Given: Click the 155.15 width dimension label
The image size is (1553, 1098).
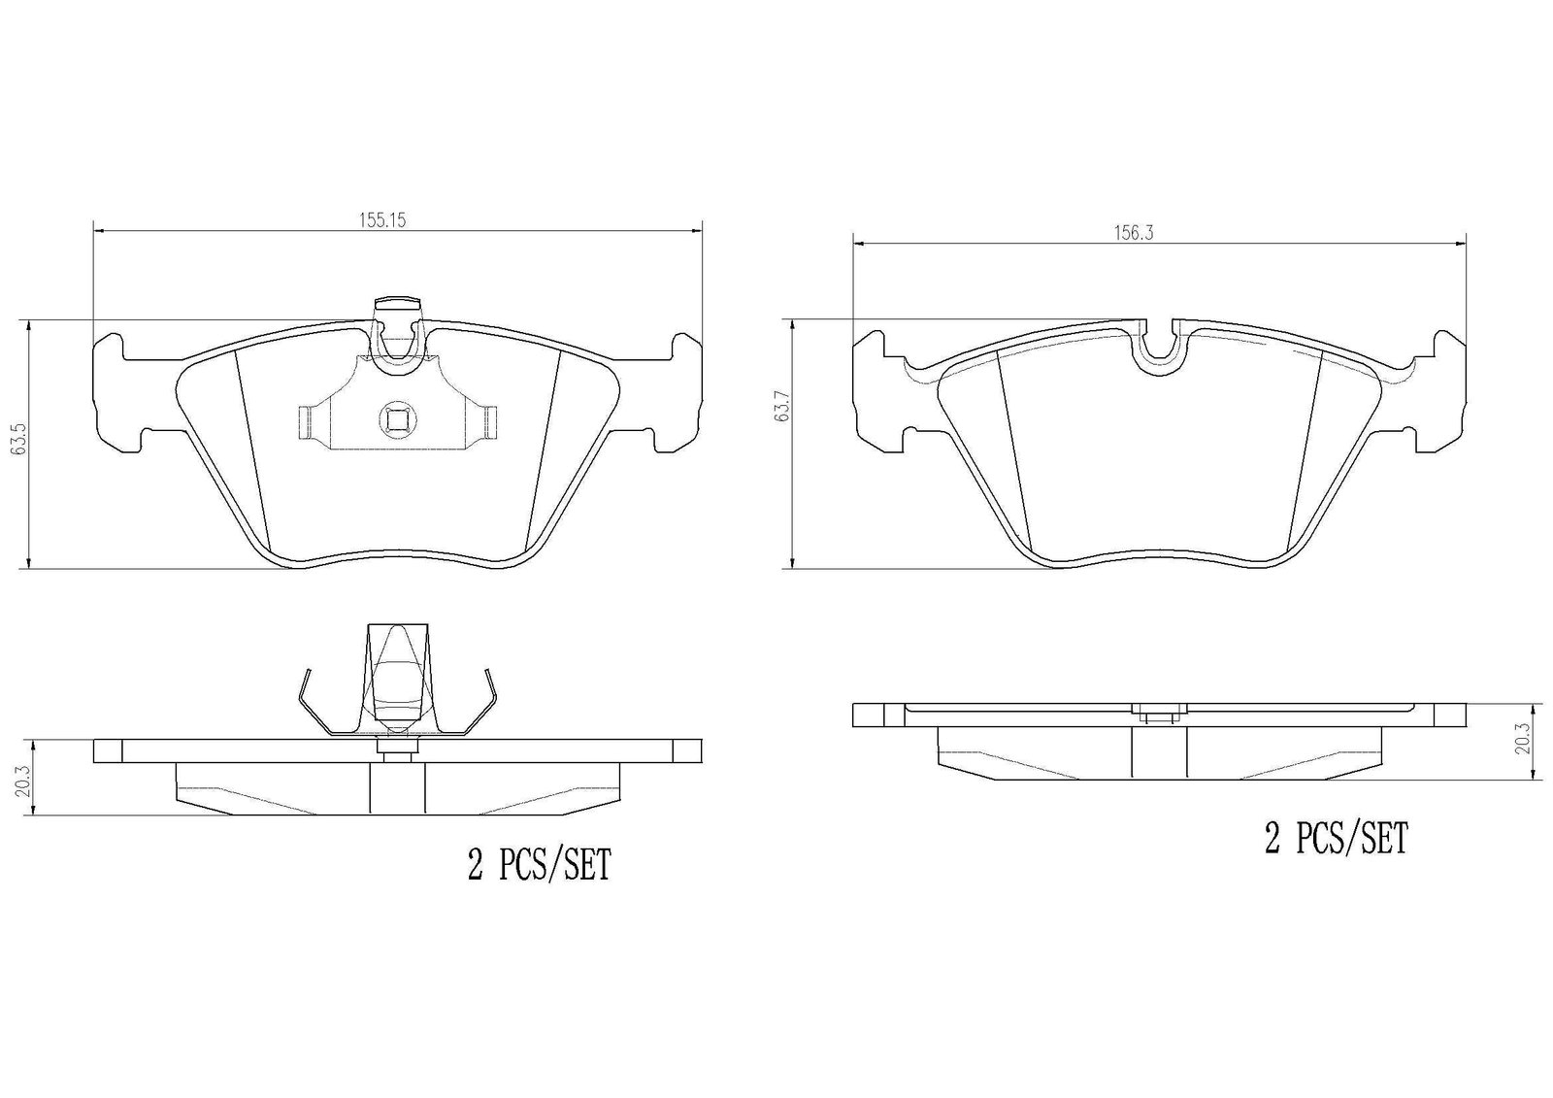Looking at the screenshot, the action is point(381,220).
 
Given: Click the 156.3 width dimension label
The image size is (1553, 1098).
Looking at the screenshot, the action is point(1133,234).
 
